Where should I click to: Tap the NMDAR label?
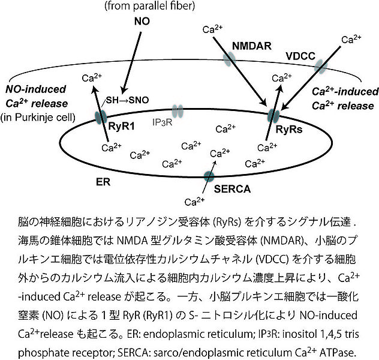pyautogui.click(x=251, y=45)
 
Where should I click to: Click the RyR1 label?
pyautogui.click(x=121, y=127)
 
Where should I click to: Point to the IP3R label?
pyautogui.click(x=163, y=123)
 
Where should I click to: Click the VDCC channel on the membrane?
pyautogui.click(x=320, y=67)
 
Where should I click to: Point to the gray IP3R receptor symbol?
pyautogui.click(x=177, y=111)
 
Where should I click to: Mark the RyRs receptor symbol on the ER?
pyautogui.click(x=273, y=114)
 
